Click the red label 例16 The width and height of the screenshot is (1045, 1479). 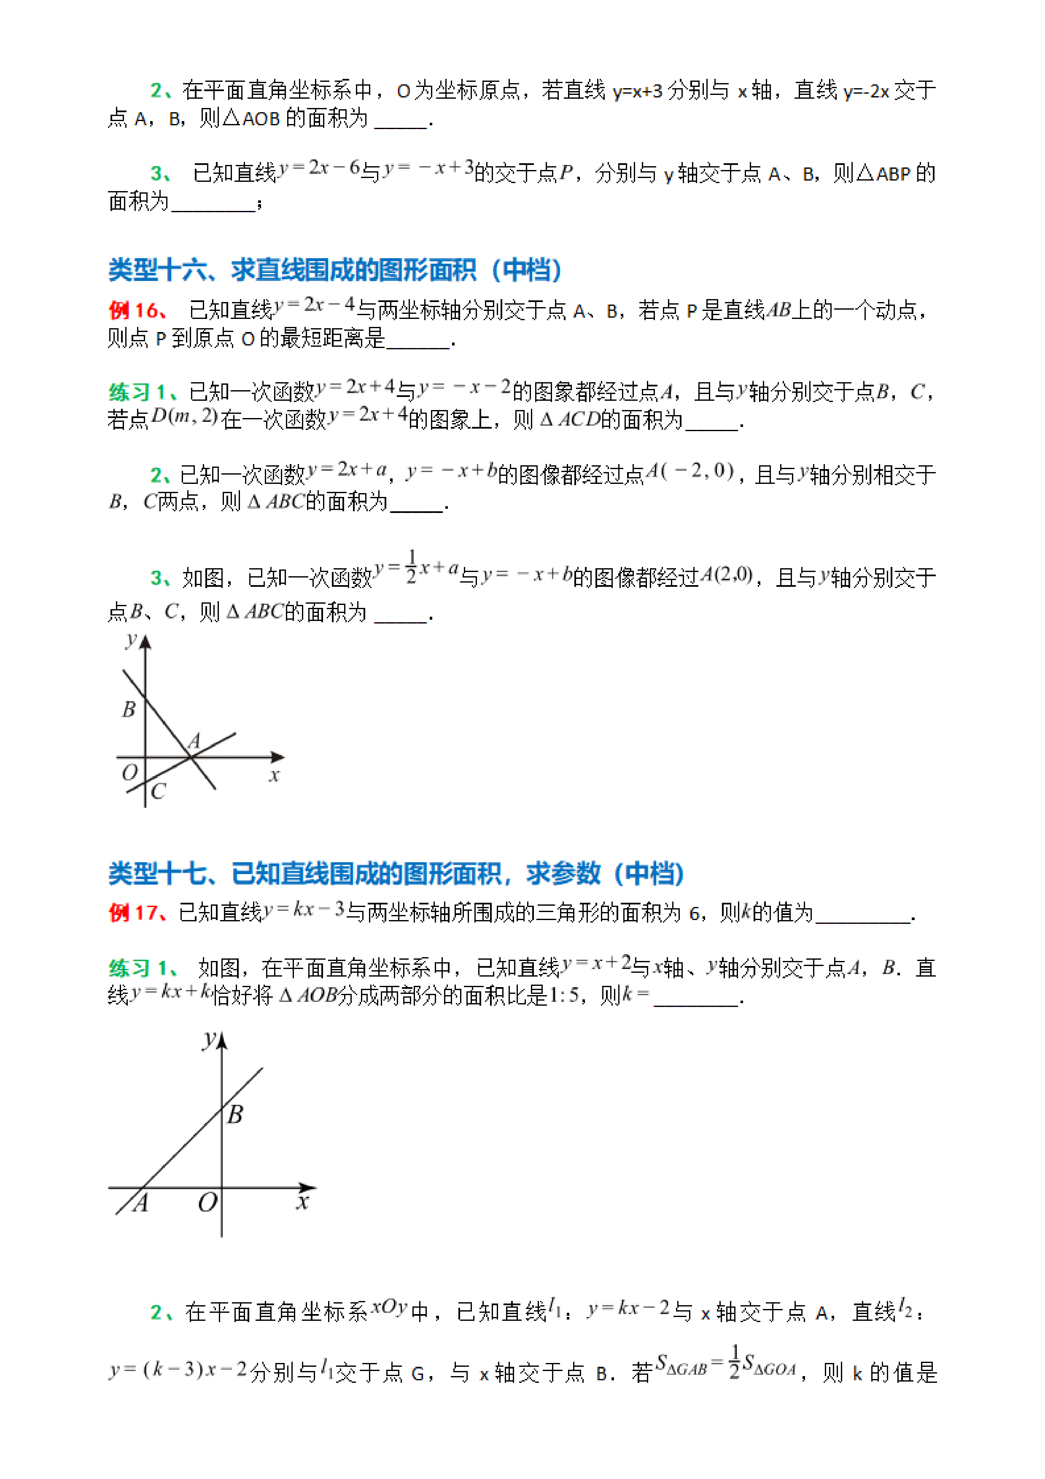click(137, 310)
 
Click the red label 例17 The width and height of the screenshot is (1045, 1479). click(137, 912)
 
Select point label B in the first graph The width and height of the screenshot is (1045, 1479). click(129, 709)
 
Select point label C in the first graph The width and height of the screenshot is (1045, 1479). click(159, 791)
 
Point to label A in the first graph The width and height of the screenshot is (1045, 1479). click(194, 741)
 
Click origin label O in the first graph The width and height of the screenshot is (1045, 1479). click(129, 772)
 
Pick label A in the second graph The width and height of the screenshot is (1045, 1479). click(141, 1202)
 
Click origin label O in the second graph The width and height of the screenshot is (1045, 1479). click(207, 1202)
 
